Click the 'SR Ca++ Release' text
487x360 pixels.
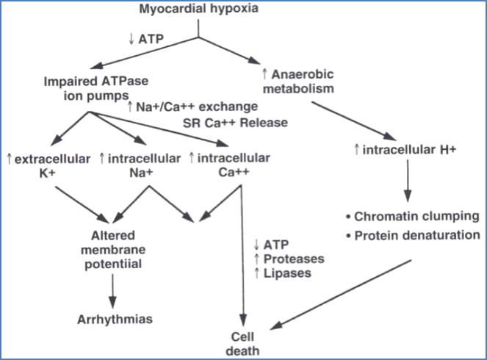pos(225,122)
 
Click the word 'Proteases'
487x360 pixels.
pos(284,259)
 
